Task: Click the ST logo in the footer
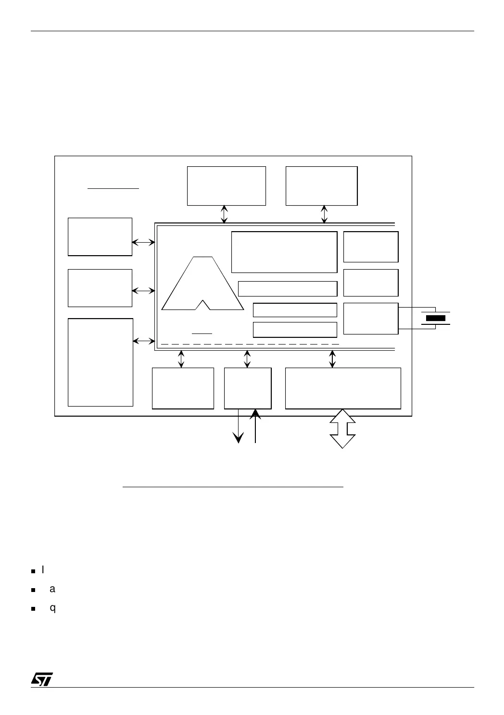coord(42,679)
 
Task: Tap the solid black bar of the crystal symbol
coord(436,318)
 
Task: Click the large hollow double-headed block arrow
coord(342,429)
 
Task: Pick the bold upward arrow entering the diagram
coord(255,425)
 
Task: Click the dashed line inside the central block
coord(250,345)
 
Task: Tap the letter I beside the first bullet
coord(43,570)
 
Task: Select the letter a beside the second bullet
coord(52,589)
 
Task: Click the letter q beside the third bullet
coord(53,608)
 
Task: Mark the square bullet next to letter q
coord(33,608)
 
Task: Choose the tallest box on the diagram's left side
coord(101,362)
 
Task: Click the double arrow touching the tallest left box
coord(144,341)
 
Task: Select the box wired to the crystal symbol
coord(371,318)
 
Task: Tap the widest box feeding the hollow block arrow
coord(343,388)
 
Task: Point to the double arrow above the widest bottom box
coord(332,359)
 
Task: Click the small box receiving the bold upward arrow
coord(248,388)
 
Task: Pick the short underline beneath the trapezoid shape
coord(202,333)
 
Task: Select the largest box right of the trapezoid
coord(284,252)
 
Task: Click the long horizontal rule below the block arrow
coord(233,487)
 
